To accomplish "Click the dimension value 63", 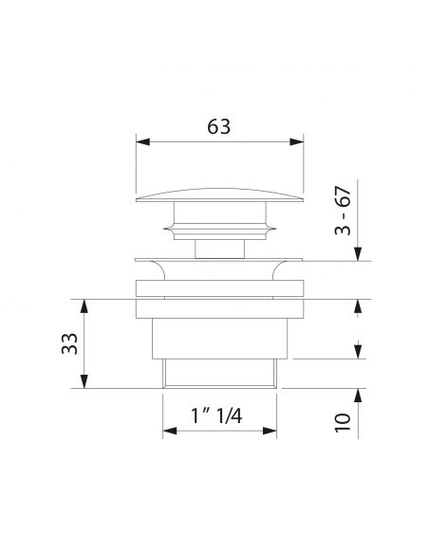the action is pos(218,126).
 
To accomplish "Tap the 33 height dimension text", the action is pos(69,343).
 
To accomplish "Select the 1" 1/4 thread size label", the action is pos(216,415).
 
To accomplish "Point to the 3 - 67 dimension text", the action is pos(344,211).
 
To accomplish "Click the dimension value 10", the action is pos(344,422).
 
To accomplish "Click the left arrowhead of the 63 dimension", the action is pos(142,141).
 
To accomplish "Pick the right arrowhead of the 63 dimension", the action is pos(296,141).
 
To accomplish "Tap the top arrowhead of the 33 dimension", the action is pos(84,306).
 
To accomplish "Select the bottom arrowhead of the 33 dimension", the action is pos(84,381).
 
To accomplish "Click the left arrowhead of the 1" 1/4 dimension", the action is pos(170,431).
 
